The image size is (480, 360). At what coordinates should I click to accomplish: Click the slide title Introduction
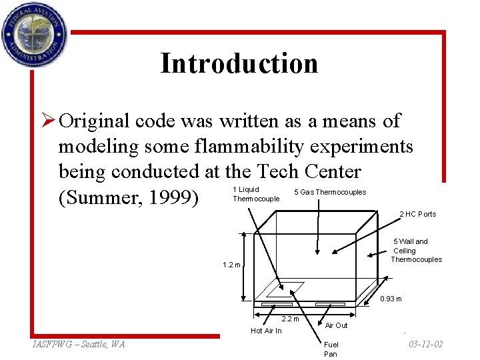(239, 63)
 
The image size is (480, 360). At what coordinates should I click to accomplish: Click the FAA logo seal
(34, 33)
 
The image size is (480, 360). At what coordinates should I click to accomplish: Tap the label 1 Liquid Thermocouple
(256, 194)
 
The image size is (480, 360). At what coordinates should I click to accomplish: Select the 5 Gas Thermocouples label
(330, 193)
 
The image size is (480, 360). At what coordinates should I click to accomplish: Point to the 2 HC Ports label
(417, 214)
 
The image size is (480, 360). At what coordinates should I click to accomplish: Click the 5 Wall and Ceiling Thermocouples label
(416, 251)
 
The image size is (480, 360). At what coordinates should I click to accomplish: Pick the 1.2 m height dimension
(231, 265)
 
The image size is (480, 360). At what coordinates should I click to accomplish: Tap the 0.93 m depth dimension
(391, 299)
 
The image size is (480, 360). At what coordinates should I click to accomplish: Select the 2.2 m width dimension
(291, 319)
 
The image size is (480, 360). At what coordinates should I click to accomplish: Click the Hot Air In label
(266, 331)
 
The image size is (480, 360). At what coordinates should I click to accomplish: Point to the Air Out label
(336, 325)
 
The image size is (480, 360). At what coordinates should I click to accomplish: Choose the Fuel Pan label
(331, 349)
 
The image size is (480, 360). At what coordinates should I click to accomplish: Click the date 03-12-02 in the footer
(425, 344)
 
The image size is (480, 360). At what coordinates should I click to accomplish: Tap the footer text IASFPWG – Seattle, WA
(79, 344)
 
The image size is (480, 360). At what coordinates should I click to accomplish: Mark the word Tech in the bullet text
(269, 171)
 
